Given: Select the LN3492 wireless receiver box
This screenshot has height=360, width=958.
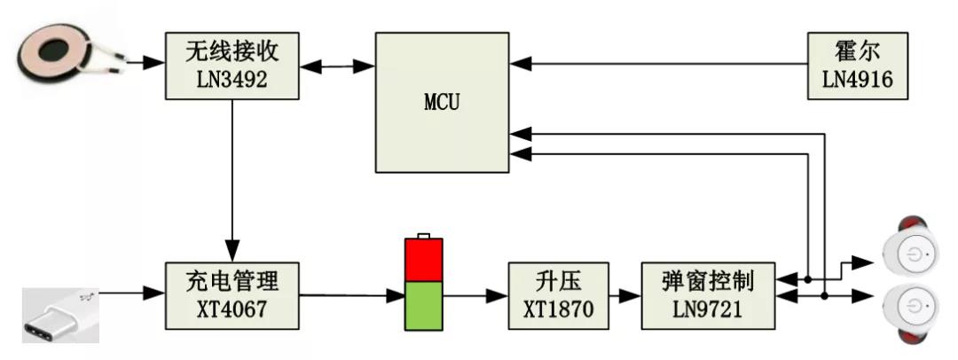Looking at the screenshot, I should pyautogui.click(x=232, y=64).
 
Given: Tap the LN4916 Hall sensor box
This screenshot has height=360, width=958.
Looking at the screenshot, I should pyautogui.click(x=857, y=64).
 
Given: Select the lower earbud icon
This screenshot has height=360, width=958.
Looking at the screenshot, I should pyautogui.click(x=914, y=309).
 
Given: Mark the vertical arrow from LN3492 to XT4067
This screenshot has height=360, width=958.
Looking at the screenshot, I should pyautogui.click(x=232, y=177).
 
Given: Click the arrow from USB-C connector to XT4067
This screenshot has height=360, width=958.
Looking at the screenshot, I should pyautogui.click(x=133, y=290).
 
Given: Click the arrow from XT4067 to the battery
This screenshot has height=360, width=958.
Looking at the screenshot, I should pyautogui.click(x=350, y=294).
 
